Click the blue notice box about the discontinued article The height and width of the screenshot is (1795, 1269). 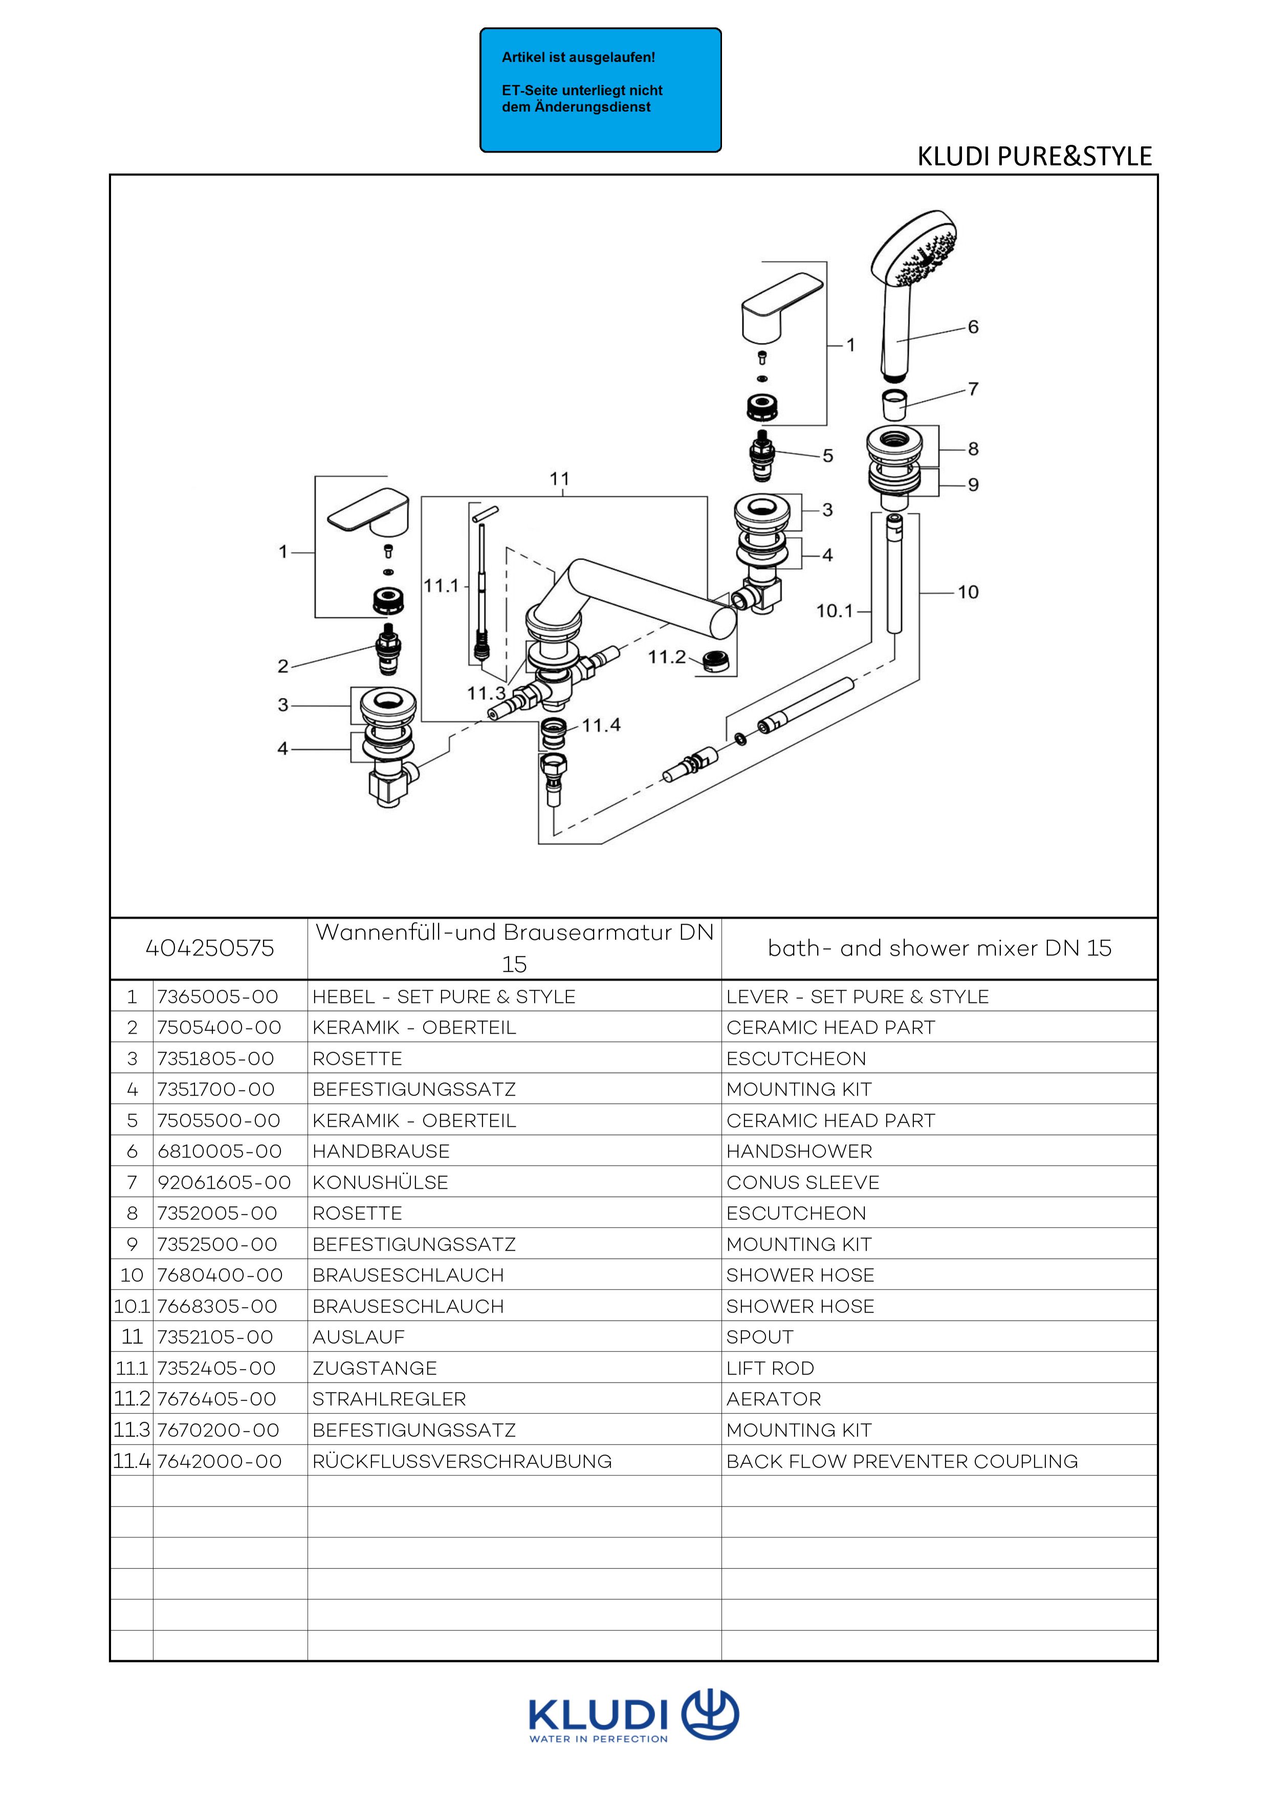click(x=601, y=90)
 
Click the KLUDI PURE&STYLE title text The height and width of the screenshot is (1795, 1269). click(x=1035, y=157)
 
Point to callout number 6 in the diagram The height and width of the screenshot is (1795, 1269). click(x=973, y=327)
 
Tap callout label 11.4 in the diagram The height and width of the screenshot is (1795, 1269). click(x=601, y=726)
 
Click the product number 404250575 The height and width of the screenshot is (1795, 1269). click(x=210, y=948)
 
